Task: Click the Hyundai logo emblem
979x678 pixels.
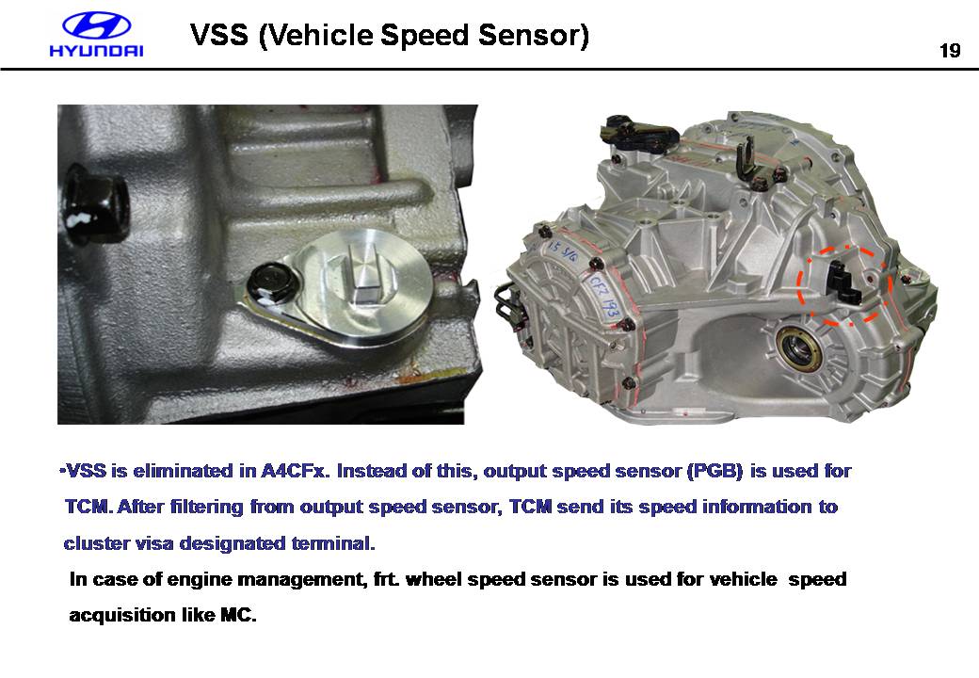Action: (x=97, y=26)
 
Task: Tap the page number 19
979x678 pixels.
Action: (x=950, y=51)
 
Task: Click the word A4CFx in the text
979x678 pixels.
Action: (x=295, y=471)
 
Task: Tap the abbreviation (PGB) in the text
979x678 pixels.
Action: (x=714, y=471)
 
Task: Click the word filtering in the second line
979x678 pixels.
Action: (x=206, y=507)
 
